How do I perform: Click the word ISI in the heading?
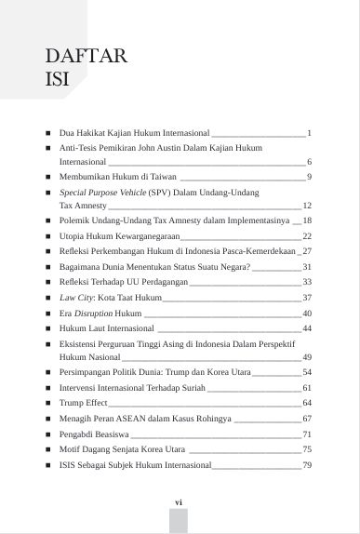coord(58,80)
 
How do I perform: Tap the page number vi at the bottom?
coord(179,501)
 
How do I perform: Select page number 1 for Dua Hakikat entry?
coord(309,134)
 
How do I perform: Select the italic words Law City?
coord(76,298)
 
